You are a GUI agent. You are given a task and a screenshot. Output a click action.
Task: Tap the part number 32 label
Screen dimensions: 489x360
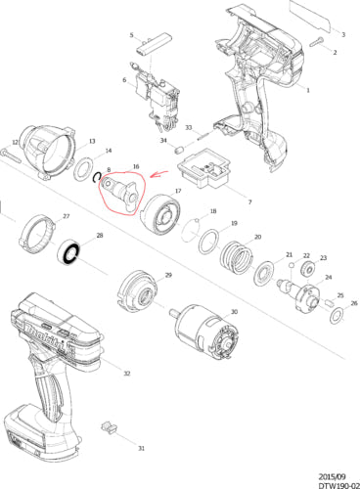pyautogui.click(x=127, y=374)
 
